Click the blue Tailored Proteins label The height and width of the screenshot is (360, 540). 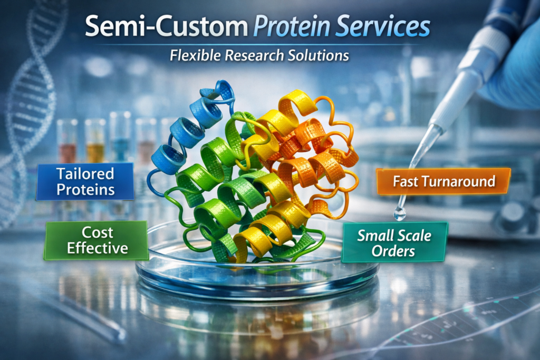pyautogui.click(x=85, y=181)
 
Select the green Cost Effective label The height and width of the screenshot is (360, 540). pyautogui.click(x=97, y=240)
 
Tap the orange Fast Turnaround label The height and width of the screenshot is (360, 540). pyautogui.click(x=443, y=181)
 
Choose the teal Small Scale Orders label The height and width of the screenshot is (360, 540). pyautogui.click(x=394, y=242)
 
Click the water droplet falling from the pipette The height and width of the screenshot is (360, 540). pyautogui.click(x=400, y=213)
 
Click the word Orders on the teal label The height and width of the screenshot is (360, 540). pyautogui.click(x=393, y=251)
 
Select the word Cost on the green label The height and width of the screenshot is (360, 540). pyautogui.click(x=98, y=232)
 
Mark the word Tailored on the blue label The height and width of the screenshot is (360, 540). pyautogui.click(x=85, y=173)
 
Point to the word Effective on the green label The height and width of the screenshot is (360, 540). pyautogui.click(x=98, y=248)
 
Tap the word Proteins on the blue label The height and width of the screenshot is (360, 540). pyautogui.click(x=85, y=190)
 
